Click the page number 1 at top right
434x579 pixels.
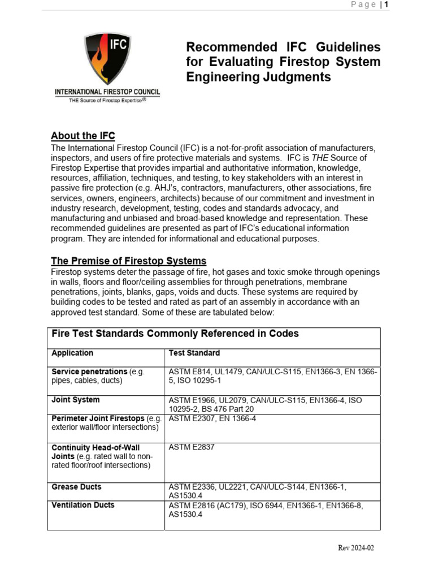(x=386, y=5)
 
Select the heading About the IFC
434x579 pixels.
(x=83, y=136)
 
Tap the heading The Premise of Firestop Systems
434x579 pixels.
(x=128, y=261)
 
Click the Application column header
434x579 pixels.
(x=72, y=353)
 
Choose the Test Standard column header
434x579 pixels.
(x=194, y=353)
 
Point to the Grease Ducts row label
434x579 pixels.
(x=76, y=487)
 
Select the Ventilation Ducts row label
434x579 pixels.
(x=83, y=505)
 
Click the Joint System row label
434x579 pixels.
(x=75, y=400)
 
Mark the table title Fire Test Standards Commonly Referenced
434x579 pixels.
(x=175, y=334)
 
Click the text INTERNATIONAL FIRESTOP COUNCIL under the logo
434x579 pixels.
(x=107, y=92)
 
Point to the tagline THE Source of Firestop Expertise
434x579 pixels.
(x=107, y=100)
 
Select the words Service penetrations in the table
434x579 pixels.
(x=89, y=371)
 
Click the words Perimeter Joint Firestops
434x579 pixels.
(x=98, y=418)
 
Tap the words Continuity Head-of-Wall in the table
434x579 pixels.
(x=96, y=447)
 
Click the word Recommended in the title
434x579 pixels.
(x=229, y=47)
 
